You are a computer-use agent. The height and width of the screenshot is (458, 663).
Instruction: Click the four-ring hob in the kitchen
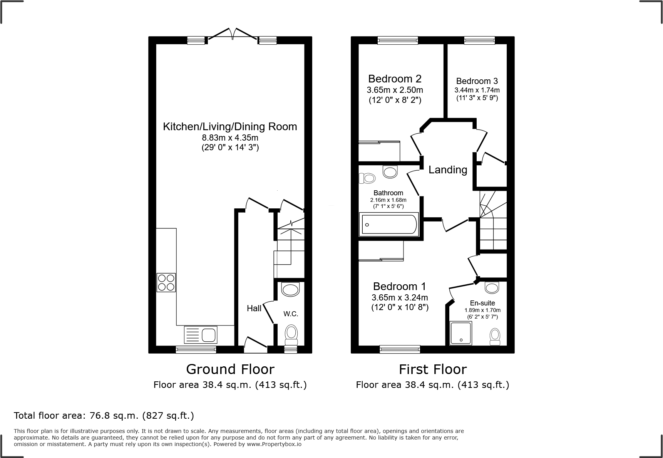click(166, 282)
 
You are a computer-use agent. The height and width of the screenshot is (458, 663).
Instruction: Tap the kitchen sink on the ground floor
click(201, 335)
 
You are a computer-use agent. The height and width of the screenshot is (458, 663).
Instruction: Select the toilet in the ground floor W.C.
click(291, 334)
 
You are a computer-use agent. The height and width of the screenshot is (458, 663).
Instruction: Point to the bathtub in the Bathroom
click(389, 225)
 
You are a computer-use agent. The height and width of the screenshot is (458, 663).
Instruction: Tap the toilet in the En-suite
click(495, 336)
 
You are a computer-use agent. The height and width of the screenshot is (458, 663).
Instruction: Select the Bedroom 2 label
click(395, 79)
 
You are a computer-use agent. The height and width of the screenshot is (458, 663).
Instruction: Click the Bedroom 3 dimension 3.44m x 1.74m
click(477, 90)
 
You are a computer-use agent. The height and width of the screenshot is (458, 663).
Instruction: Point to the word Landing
click(448, 170)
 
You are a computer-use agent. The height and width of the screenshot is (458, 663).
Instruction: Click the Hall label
click(254, 308)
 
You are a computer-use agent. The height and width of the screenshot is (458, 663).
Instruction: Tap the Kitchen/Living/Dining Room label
click(230, 127)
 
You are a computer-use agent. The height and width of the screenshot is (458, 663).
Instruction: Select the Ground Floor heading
click(230, 369)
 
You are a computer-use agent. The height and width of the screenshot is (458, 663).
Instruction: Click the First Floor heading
click(433, 369)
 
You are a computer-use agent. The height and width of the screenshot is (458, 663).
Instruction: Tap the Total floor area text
click(104, 416)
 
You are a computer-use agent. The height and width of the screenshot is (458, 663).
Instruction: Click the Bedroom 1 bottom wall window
click(400, 349)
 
